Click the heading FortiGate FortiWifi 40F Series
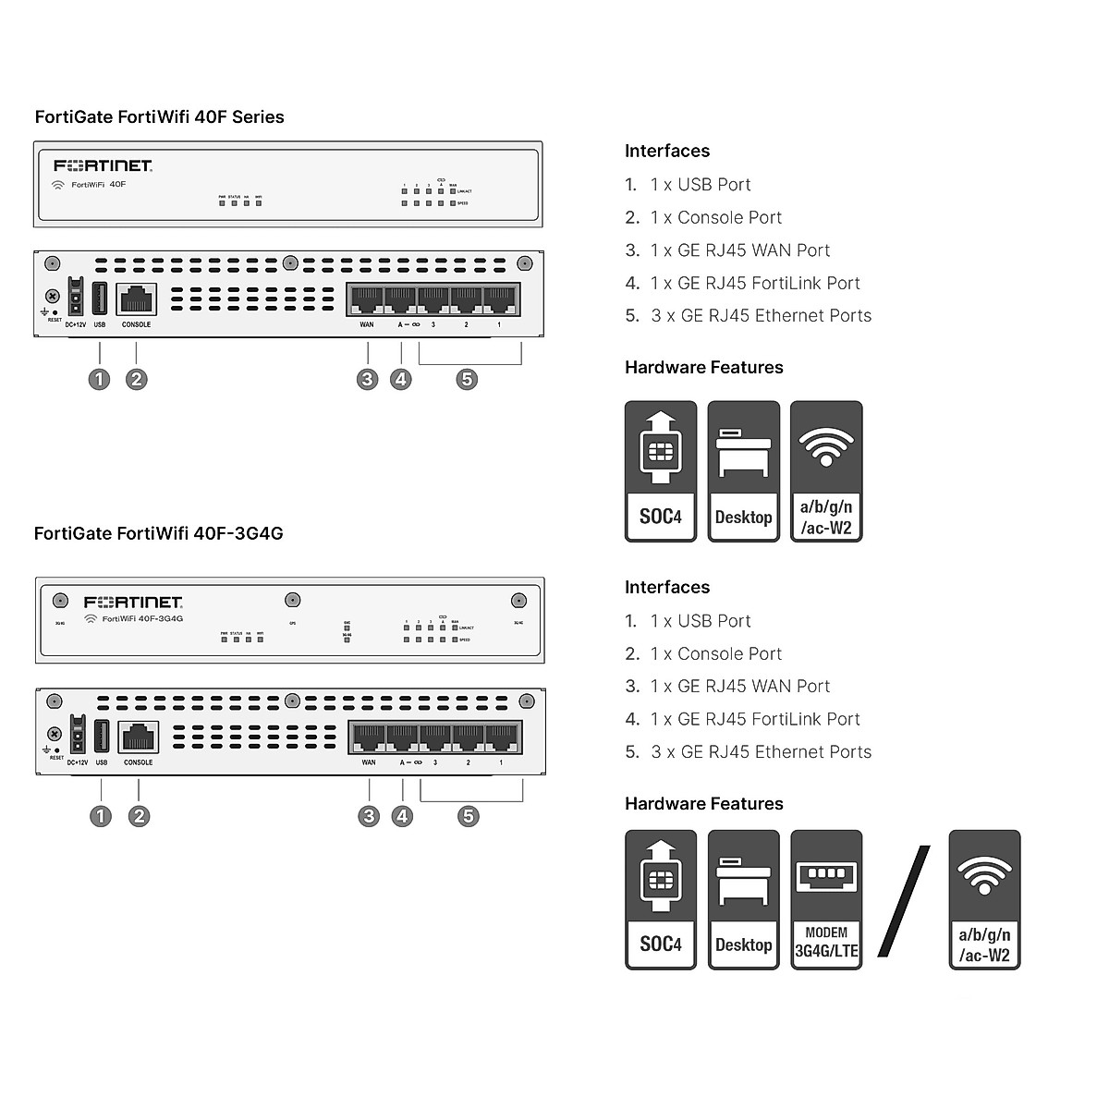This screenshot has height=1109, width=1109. [x=159, y=117]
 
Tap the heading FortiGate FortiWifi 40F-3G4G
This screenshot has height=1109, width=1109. [x=158, y=533]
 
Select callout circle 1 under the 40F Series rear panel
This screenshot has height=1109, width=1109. [x=99, y=379]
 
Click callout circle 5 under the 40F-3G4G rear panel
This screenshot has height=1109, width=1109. [x=469, y=816]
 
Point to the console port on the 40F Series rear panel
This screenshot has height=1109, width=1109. [x=136, y=299]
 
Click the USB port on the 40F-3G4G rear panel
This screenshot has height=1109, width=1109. [x=102, y=737]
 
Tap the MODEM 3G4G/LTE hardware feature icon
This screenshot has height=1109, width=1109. [x=826, y=899]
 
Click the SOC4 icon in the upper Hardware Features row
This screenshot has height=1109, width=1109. [x=661, y=471]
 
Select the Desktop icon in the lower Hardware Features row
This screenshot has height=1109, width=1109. [x=744, y=899]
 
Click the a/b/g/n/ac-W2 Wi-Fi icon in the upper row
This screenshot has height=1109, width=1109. [x=826, y=471]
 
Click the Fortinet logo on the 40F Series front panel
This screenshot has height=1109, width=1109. [x=103, y=165]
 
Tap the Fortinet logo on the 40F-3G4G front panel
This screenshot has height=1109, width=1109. [x=133, y=603]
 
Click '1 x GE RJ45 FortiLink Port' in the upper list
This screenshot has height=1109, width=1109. [x=755, y=283]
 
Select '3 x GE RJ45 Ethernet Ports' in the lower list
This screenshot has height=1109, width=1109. [x=761, y=752]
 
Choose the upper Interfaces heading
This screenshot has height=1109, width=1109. [x=667, y=152]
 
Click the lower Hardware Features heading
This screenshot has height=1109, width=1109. [x=703, y=804]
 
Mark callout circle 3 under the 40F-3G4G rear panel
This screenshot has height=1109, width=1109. [x=369, y=816]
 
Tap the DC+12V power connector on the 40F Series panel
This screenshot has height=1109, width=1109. [x=76, y=299]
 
